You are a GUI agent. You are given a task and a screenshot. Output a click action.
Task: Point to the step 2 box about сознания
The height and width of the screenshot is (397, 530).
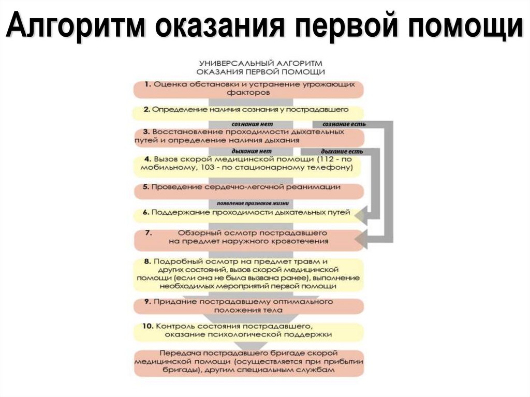248,110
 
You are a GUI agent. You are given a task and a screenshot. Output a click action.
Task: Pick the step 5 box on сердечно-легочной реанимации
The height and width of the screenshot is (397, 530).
248,188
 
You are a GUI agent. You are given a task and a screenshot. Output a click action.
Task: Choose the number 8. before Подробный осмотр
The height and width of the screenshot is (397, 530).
148,262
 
